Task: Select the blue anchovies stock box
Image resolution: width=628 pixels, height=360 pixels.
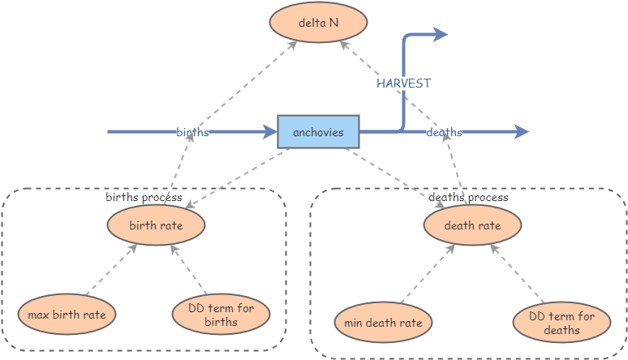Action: pos(318,132)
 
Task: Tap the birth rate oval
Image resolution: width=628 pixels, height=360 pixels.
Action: pos(156,225)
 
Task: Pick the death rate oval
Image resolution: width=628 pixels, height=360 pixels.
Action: pos(472,225)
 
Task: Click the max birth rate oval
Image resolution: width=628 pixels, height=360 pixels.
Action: pos(67,314)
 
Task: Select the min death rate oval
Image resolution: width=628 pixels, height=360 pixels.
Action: pos(383,323)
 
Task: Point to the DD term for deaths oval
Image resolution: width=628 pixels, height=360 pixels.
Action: pos(561,322)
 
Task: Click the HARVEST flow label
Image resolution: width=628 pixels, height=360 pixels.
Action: pos(403,84)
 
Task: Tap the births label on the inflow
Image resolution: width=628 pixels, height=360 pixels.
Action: pos(192,132)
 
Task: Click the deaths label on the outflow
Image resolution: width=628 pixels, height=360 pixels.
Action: pos(444,132)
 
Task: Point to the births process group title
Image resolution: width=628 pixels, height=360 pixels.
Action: pos(144,197)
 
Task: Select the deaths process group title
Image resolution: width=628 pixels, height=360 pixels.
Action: pos(468,197)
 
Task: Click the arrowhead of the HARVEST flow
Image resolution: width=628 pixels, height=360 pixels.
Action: pos(441,34)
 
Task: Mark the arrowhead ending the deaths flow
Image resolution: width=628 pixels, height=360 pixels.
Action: pos(522,132)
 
